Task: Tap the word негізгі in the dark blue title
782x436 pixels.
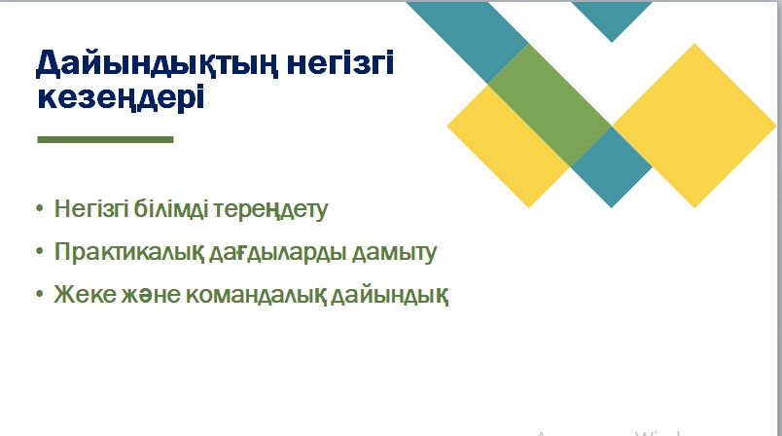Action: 340,63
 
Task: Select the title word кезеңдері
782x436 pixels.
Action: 121,97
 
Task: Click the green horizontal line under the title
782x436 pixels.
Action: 105,140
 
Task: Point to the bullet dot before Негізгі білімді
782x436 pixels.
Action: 40,207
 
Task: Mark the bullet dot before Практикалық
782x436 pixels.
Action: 40,251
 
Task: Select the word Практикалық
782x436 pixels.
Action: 129,252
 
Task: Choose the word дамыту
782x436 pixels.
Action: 394,253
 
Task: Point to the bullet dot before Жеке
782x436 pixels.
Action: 40,294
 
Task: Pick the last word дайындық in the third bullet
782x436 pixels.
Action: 389,295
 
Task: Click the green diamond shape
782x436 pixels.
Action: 550,105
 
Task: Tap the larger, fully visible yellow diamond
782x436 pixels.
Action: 694,126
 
